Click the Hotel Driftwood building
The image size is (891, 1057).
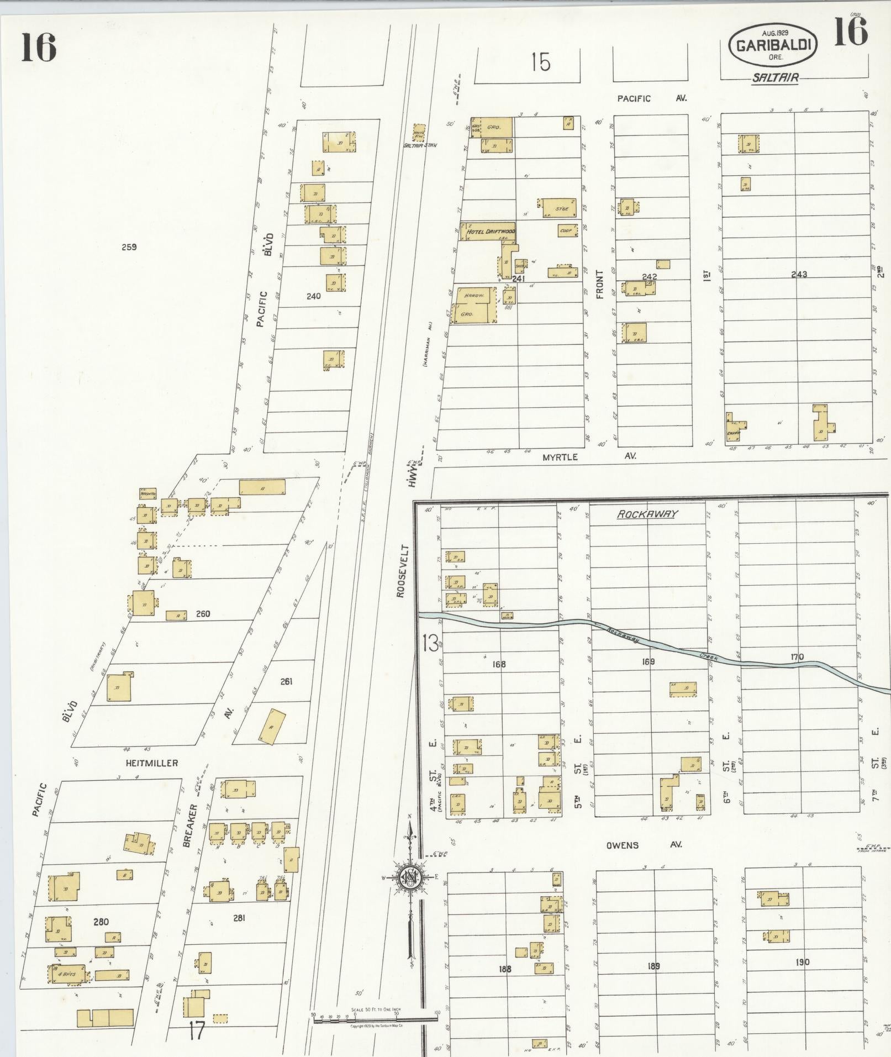(488, 232)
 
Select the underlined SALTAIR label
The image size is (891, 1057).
(775, 78)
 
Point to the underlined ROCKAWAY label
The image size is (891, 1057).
(647, 514)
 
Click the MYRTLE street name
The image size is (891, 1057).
(560, 457)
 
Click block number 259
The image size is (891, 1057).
(129, 247)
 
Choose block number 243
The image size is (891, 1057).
(799, 274)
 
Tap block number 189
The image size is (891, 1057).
(653, 966)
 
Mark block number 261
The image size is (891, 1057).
(286, 681)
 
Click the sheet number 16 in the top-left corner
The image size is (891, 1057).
(39, 48)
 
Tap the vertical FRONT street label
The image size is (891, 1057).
(600, 285)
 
